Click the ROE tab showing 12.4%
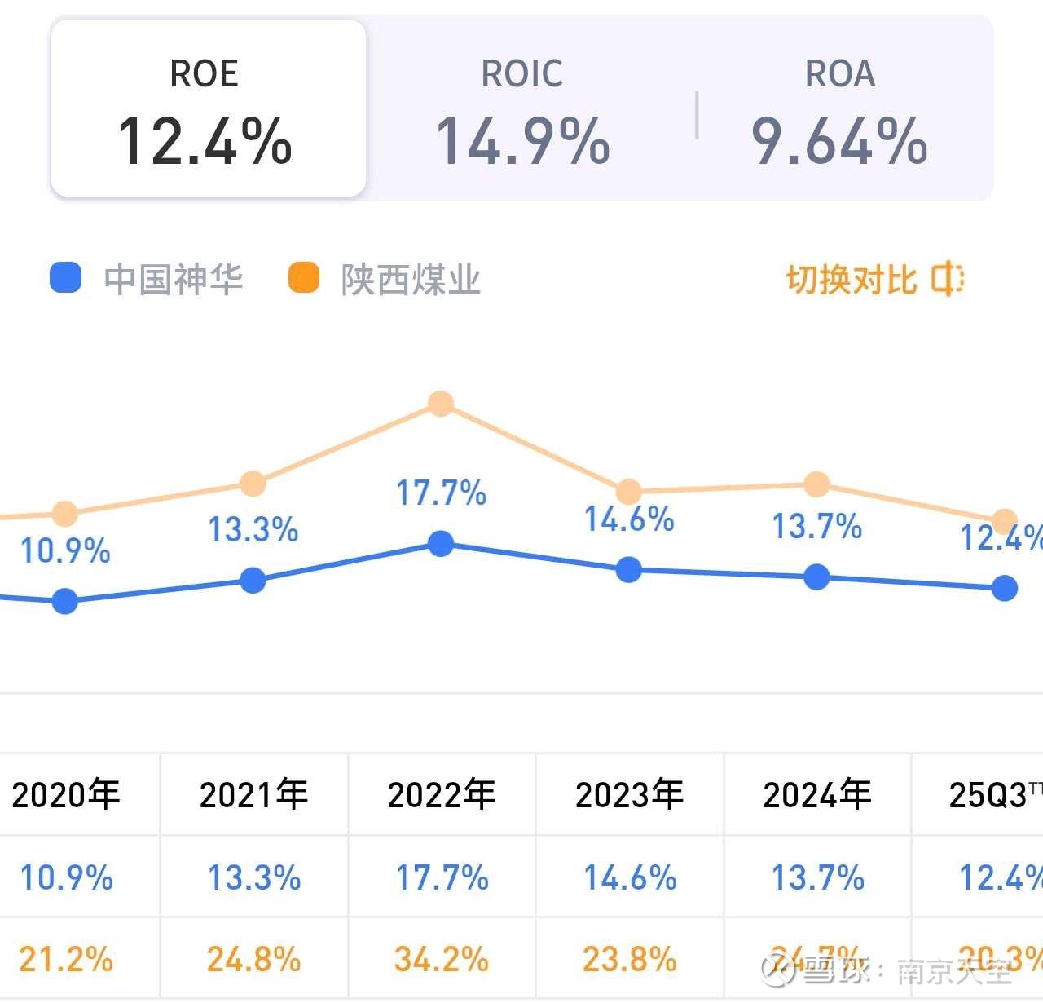tap(208, 108)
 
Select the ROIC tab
tap(522, 108)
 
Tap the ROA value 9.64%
tap(839, 140)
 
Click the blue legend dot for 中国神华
tap(65, 277)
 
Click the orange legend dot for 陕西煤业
tap(304, 277)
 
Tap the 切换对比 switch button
tap(874, 279)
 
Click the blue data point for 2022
tap(441, 544)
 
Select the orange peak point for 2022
tap(441, 404)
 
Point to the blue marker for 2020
tap(65, 602)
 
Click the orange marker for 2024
tap(816, 484)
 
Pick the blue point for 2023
tap(628, 569)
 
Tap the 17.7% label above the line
tap(441, 493)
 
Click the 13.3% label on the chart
tap(253, 530)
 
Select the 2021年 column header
tap(253, 794)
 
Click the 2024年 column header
tap(816, 794)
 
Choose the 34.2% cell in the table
tap(441, 960)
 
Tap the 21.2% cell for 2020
tap(65, 960)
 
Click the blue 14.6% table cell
tap(629, 878)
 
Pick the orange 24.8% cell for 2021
tap(253, 960)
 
